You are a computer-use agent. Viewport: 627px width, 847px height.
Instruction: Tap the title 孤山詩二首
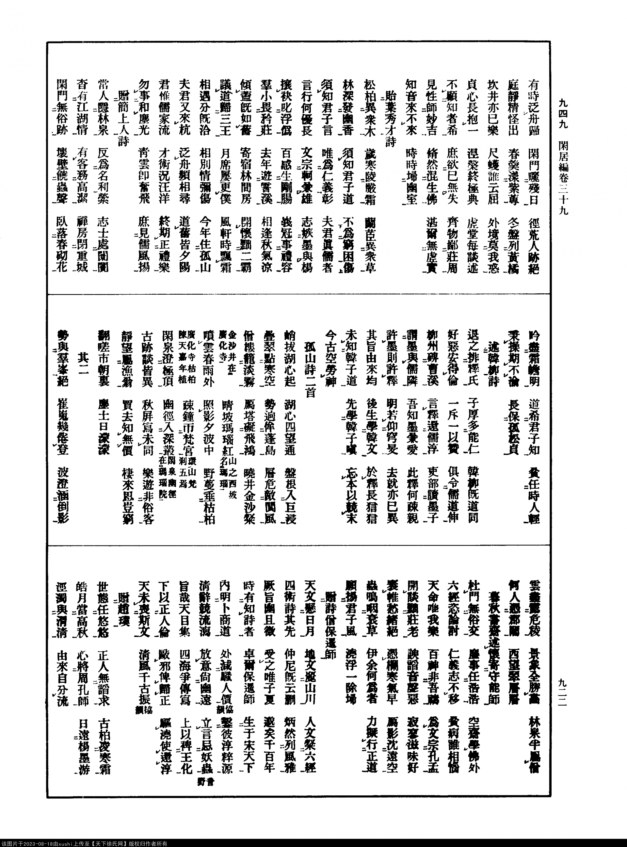pos(310,365)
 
